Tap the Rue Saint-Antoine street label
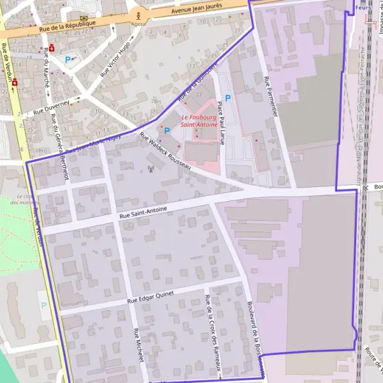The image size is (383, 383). point(143,213)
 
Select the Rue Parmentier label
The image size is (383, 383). point(271,96)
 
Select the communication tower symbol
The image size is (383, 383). point(151,169)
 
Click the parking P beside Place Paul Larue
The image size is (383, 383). point(227,98)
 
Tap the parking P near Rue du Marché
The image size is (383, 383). point(68,59)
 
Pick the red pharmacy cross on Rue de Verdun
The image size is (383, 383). point(14,82)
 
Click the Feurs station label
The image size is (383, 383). point(363,8)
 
